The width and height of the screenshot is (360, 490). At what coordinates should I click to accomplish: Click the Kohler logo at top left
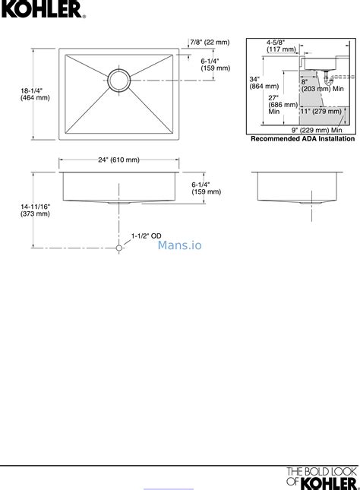[43, 9]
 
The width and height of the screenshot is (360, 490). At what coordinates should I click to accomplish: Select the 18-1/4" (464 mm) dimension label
[35, 94]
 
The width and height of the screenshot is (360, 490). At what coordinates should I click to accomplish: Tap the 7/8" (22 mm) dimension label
[210, 43]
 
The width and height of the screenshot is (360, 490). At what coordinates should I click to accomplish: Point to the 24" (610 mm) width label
[118, 160]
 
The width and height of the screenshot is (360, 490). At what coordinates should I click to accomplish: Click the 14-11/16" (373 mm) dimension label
[35, 210]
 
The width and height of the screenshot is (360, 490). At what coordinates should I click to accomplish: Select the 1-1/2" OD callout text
[147, 236]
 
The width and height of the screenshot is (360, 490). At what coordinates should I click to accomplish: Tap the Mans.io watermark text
[180, 245]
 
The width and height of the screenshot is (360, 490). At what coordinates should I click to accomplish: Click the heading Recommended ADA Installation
[303, 139]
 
